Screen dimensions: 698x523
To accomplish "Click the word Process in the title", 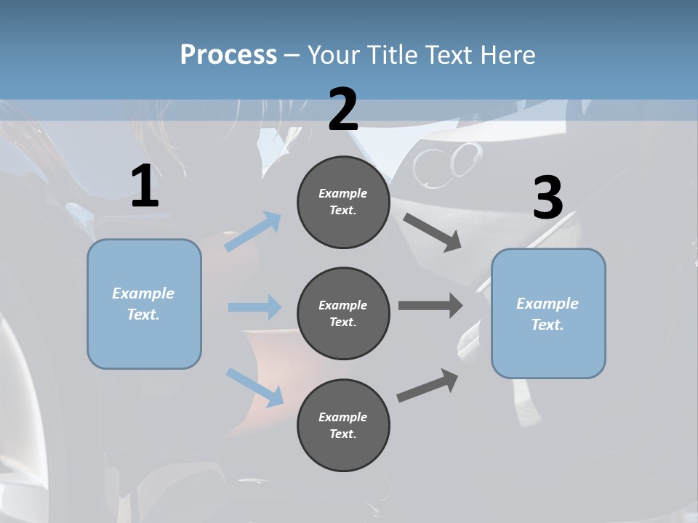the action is [x=228, y=55].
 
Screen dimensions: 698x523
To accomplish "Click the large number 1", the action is [x=145, y=185].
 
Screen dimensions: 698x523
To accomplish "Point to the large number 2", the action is [x=343, y=110].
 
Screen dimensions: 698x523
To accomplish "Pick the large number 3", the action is [x=548, y=197].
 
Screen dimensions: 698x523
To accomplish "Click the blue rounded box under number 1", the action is [x=144, y=304].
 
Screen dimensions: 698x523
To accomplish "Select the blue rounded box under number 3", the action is [x=548, y=314].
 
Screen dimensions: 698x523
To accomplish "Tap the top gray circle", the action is [x=343, y=202].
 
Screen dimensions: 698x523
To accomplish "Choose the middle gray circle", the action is [x=343, y=314].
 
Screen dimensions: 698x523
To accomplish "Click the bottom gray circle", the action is [x=343, y=425].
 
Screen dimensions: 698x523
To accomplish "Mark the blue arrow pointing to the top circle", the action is [x=252, y=231].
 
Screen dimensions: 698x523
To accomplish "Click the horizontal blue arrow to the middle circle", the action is [x=254, y=307].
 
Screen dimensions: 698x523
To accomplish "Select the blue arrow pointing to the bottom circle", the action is [x=254, y=387].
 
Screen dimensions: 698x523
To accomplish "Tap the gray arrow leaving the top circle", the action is [x=432, y=232].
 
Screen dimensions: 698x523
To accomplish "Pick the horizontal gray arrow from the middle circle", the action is [x=430, y=305].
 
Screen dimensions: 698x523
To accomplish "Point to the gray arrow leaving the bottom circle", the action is [x=428, y=386].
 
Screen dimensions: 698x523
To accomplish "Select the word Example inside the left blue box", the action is [x=143, y=293].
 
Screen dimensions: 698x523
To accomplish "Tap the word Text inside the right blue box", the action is [x=547, y=325].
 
